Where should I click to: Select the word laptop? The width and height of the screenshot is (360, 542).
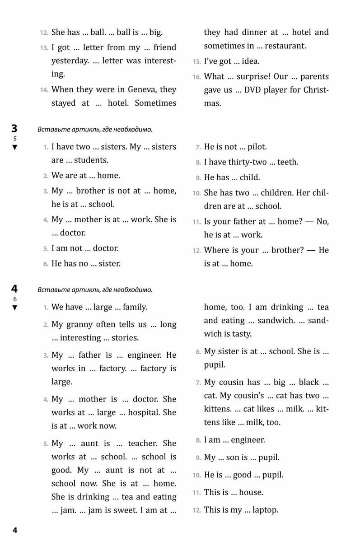[265, 510]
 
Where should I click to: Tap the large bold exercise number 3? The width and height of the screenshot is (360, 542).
[14, 129]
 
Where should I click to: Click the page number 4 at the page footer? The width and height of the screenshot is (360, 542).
[15, 530]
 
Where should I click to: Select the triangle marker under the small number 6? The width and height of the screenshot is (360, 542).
[15, 308]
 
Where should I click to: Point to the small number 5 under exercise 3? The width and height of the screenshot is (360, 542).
[15, 139]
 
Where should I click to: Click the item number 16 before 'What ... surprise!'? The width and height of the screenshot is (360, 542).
[196, 77]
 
